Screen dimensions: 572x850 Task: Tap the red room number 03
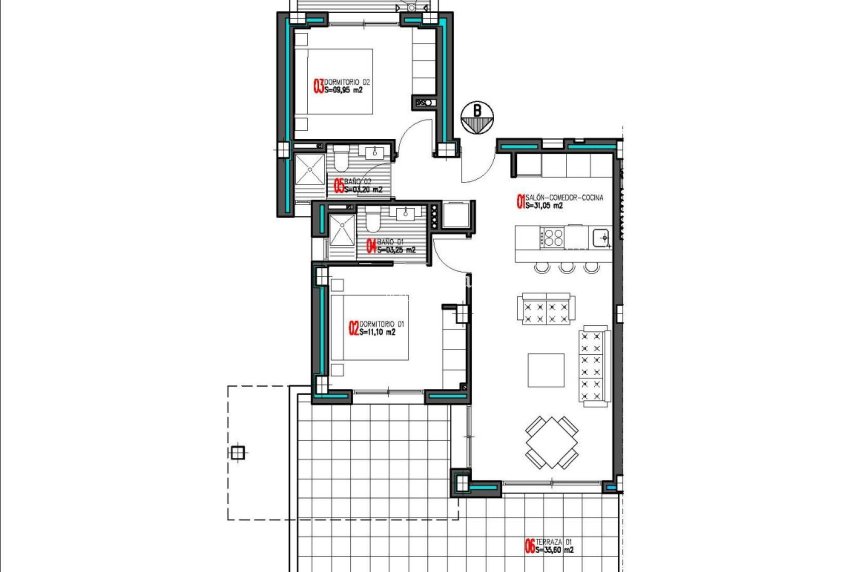319,87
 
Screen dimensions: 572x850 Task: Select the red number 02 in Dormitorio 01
352,328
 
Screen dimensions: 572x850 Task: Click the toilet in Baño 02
341,159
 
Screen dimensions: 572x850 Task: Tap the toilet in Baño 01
371,219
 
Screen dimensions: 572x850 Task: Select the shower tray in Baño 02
305,170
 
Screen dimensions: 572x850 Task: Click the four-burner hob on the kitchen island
552,238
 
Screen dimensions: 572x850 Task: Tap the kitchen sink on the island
600,237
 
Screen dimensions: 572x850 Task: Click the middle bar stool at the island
567,267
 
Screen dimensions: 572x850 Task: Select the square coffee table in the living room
546,369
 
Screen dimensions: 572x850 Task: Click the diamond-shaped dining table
551,441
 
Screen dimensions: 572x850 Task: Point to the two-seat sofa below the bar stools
545,308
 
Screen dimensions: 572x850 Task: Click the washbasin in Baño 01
407,214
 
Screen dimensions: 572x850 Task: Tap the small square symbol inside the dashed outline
237,452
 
